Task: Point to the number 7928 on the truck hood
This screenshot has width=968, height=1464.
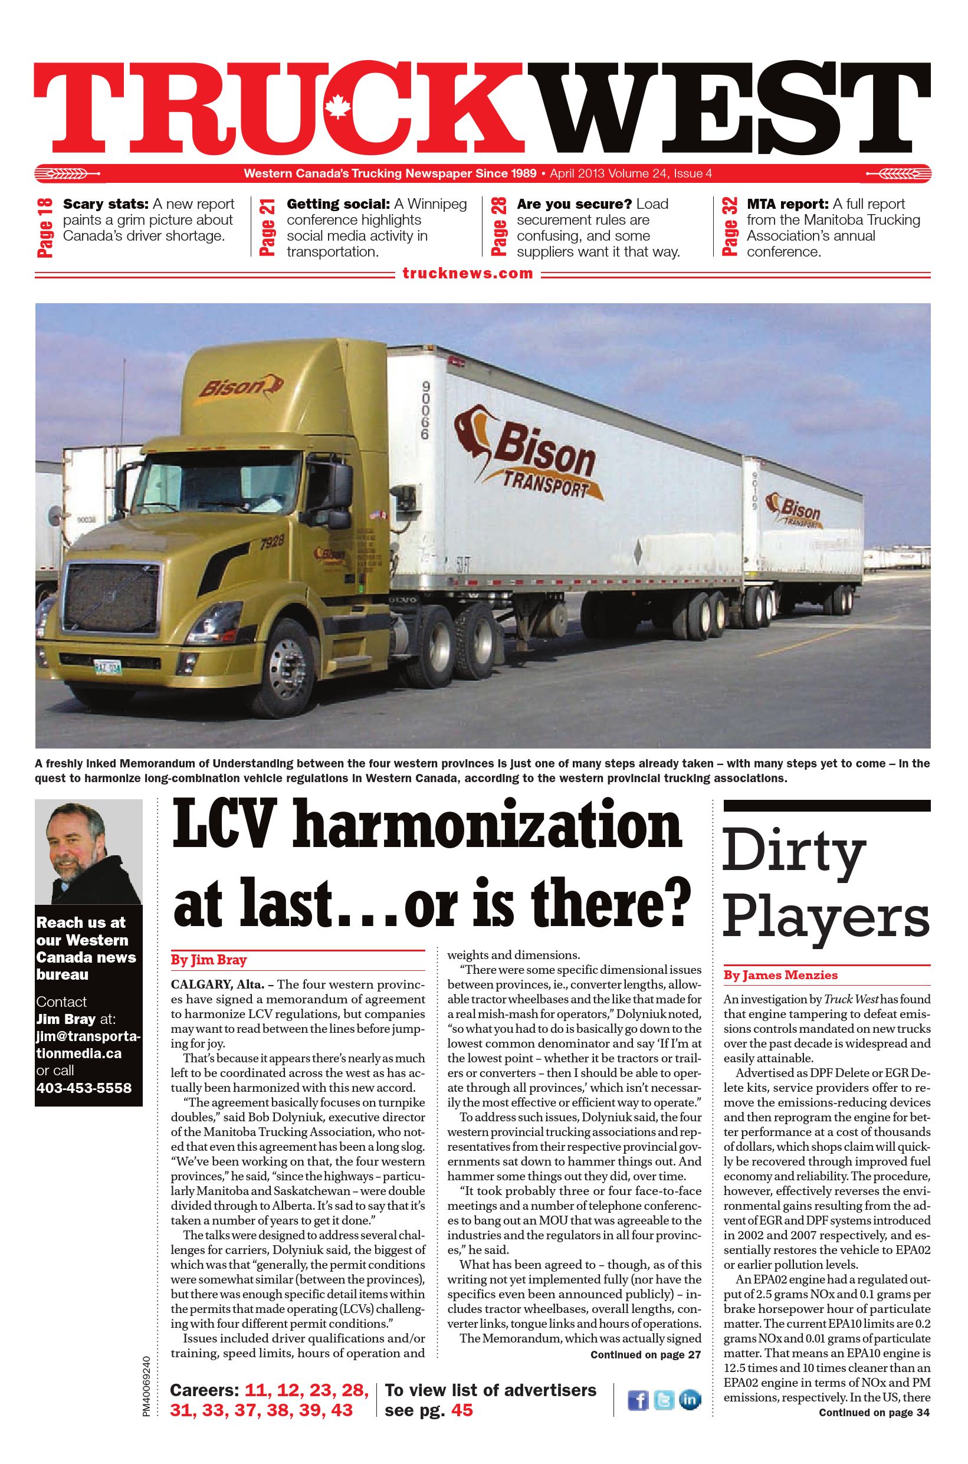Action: point(271,543)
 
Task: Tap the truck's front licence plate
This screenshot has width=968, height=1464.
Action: point(107,667)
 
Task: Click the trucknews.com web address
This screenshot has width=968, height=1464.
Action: point(467,274)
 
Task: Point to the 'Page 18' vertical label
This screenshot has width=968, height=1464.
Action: point(45,228)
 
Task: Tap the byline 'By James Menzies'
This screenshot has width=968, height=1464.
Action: point(780,975)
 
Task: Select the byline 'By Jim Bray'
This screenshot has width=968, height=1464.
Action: point(209,960)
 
